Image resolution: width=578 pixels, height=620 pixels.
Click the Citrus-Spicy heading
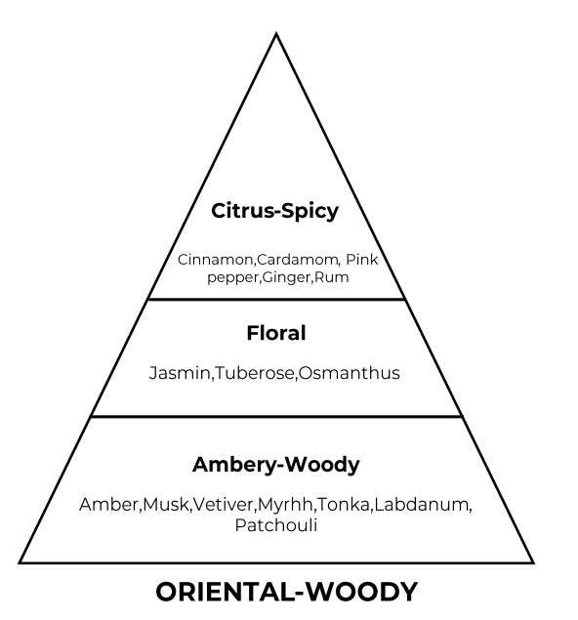[274, 211]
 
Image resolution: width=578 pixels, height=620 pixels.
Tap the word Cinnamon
[215, 260]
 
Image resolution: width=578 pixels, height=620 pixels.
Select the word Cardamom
[298, 260]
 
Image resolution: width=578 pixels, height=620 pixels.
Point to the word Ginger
[287, 277]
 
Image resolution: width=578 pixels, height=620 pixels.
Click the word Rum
[332, 277]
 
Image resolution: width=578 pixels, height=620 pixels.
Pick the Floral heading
[276, 333]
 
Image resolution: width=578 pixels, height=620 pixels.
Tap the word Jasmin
[180, 373]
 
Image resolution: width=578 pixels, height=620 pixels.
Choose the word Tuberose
[255, 373]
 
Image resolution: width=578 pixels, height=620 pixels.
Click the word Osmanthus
[350, 373]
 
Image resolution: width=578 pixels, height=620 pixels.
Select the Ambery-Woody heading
[276, 465]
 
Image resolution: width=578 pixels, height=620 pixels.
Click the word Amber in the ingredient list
[108, 505]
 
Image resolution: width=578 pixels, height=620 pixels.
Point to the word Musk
[166, 505]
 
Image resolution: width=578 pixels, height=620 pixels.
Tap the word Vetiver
[225, 505]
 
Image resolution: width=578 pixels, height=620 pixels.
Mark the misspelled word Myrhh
[286, 505]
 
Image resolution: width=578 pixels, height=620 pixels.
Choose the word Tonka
[344, 505]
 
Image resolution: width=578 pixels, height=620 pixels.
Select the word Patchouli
[276, 525]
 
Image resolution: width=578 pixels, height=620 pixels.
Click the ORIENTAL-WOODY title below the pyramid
[287, 592]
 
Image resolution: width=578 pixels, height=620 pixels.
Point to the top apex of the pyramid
[276, 33]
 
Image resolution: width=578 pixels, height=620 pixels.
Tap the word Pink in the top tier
[362, 260]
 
